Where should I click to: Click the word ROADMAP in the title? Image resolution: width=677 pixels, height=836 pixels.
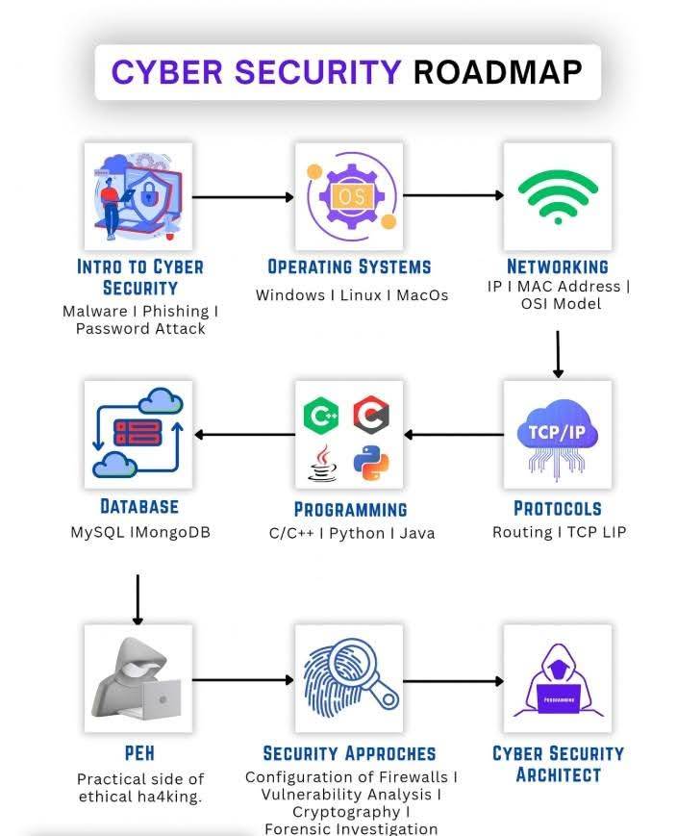tap(497, 72)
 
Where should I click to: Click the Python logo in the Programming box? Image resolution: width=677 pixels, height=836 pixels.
tap(371, 463)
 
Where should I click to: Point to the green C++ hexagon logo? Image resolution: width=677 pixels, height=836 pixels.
tap(321, 415)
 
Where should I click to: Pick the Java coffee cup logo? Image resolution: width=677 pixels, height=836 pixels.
tap(323, 464)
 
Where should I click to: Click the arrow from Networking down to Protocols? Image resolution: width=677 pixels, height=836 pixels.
tap(558, 354)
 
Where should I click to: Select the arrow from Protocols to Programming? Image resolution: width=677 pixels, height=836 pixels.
tap(454, 435)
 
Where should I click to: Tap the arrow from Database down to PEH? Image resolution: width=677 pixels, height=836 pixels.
tap(138, 599)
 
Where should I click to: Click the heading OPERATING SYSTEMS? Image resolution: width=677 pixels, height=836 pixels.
tap(349, 266)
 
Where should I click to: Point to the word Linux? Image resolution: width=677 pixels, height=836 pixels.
tap(361, 294)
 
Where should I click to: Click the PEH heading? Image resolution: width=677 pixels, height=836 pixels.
tap(139, 753)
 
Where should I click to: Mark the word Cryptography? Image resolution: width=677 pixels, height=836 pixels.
tap(346, 812)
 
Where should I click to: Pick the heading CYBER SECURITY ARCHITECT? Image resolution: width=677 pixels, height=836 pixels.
tap(558, 764)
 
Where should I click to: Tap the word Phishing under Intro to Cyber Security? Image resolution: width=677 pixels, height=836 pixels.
tap(175, 311)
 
